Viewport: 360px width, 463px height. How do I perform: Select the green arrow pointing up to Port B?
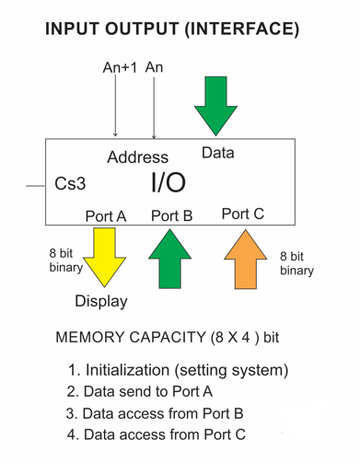170,260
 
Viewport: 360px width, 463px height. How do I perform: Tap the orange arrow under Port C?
244,260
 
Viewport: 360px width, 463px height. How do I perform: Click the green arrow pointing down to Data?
216,106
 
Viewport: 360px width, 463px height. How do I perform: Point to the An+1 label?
118,68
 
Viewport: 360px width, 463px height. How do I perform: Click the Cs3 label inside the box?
70,184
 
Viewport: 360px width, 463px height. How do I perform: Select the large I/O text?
168,181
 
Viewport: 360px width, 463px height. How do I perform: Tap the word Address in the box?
137,157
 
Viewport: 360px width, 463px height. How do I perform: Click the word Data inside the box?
217,153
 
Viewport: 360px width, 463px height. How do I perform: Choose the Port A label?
105,216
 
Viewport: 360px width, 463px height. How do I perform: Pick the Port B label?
171,216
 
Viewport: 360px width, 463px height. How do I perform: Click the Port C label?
243,214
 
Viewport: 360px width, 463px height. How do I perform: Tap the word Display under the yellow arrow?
101,301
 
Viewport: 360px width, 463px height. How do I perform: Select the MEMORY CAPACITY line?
167,337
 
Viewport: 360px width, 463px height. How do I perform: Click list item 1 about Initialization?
178,370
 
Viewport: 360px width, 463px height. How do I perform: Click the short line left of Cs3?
35,185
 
